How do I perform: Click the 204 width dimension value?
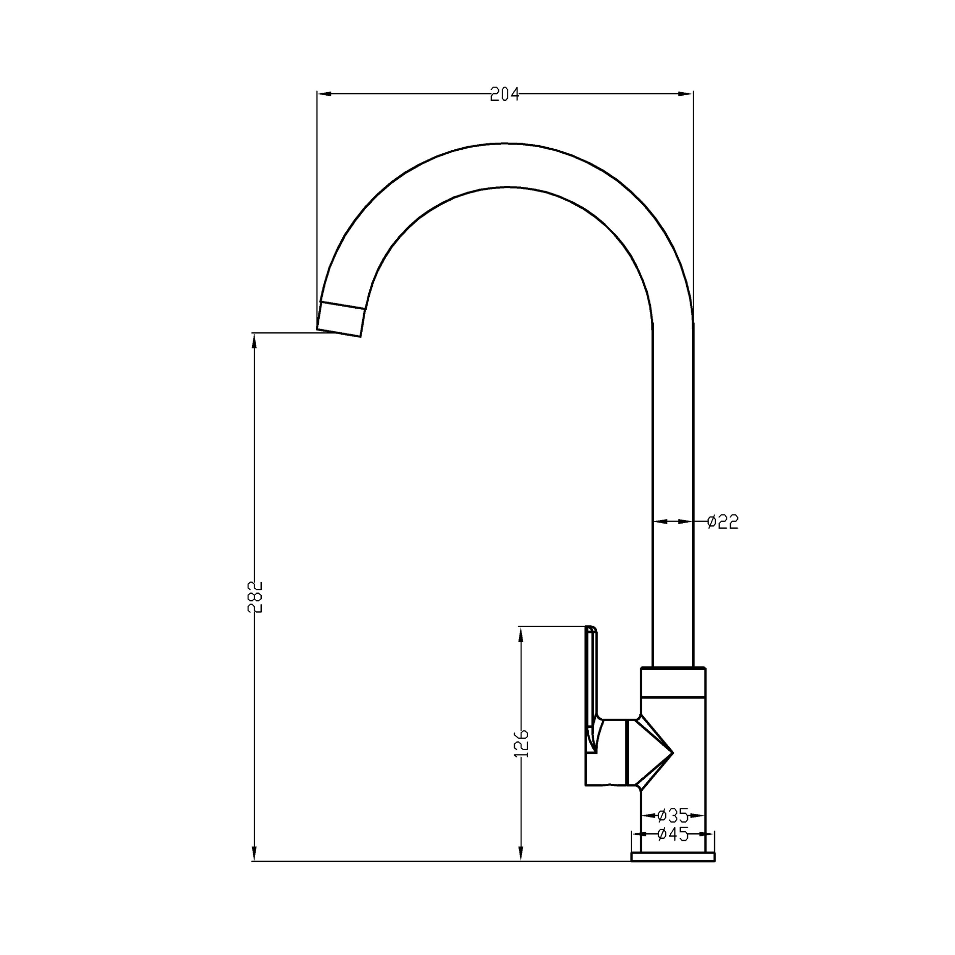pyautogui.click(x=504, y=94)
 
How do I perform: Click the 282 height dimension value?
pyautogui.click(x=255, y=596)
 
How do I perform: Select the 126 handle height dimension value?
pyautogui.click(x=522, y=744)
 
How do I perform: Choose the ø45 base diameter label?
pyautogui.click(x=673, y=834)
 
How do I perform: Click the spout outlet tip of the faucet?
pyautogui.click(x=340, y=319)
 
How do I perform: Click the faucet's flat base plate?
pyautogui.click(x=673, y=857)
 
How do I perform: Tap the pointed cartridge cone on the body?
pyautogui.click(x=654, y=752)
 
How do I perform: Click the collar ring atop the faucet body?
pyautogui.click(x=673, y=683)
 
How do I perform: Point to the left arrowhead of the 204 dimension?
pyautogui.click(x=324, y=94)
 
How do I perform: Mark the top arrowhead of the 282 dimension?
pyautogui.click(x=254, y=341)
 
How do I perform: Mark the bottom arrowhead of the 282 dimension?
pyautogui.click(x=254, y=854)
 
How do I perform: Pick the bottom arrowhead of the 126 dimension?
pyautogui.click(x=521, y=854)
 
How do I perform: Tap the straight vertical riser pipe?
pyautogui.click(x=673, y=458)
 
